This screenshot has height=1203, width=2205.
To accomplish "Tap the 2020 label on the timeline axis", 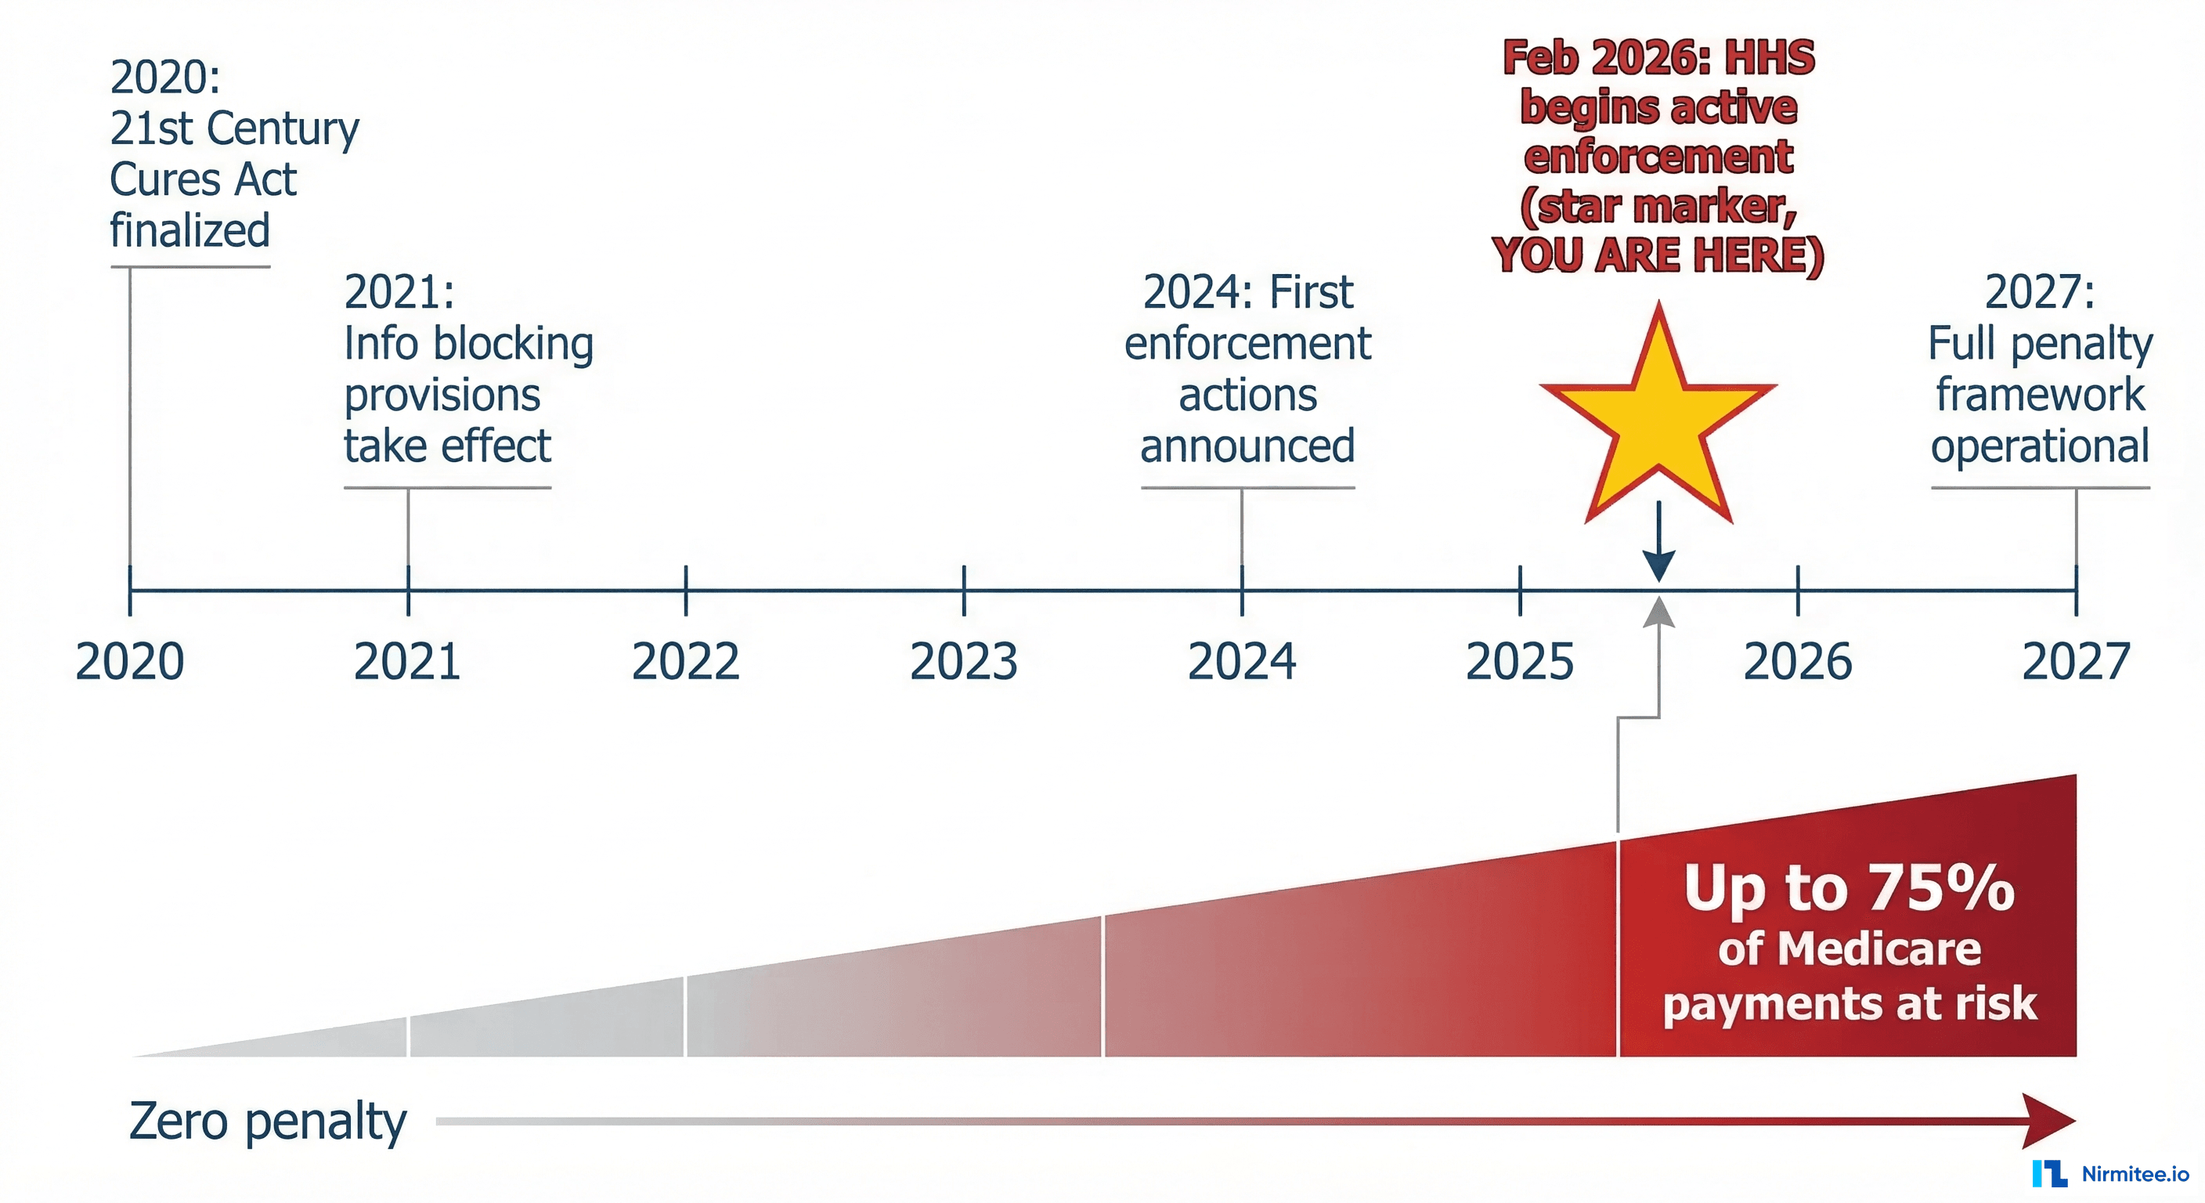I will (x=130, y=662).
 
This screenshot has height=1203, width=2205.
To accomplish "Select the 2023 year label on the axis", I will (x=964, y=662).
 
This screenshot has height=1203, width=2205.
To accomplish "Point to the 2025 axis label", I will (x=1519, y=662).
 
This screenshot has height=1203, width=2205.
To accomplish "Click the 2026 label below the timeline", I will (x=1798, y=662).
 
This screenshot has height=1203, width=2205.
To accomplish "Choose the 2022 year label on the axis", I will (x=686, y=662).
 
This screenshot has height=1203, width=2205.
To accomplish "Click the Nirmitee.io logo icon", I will (x=2049, y=1173).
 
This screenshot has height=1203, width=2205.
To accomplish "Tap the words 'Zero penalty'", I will (x=267, y=1122).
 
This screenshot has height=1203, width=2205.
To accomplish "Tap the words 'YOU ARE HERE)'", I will (x=1658, y=255).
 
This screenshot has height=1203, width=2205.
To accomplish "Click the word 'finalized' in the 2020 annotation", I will (x=190, y=230).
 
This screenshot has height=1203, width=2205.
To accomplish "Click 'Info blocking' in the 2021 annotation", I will (x=468, y=343).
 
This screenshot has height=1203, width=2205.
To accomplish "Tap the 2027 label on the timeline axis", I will (x=2076, y=662).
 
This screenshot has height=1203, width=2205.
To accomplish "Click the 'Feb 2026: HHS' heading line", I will (x=1658, y=58).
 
